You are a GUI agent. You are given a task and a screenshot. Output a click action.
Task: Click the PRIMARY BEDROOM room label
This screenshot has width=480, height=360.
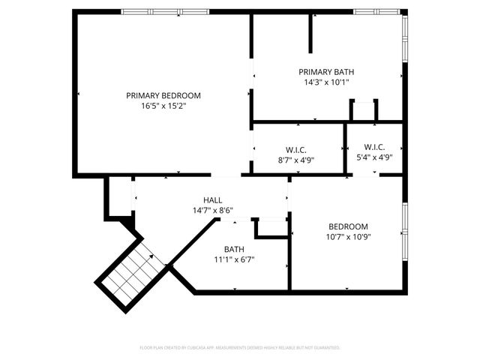pyautogui.click(x=163, y=95)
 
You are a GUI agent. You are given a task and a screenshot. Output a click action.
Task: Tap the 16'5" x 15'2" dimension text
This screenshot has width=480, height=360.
pyautogui.click(x=163, y=106)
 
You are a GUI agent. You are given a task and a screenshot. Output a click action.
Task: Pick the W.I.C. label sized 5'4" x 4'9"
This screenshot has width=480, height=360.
pyautogui.click(x=374, y=147)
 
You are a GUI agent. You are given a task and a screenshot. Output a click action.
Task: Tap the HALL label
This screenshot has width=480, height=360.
pyautogui.click(x=212, y=200)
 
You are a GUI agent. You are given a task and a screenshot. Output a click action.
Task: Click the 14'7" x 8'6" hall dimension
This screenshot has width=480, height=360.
pyautogui.click(x=212, y=211)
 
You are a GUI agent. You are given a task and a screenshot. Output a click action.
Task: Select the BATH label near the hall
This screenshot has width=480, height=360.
pyautogui.click(x=234, y=250)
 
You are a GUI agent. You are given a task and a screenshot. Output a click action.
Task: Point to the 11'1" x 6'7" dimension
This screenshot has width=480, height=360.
pyautogui.click(x=234, y=260)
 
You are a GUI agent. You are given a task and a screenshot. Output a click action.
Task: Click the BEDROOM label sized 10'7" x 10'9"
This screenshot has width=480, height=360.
pyautogui.click(x=348, y=226)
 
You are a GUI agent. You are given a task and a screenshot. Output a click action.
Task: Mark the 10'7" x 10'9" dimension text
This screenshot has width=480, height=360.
pyautogui.click(x=348, y=237)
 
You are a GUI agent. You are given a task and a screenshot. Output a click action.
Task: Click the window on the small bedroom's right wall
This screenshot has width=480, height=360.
pyautogui.click(x=405, y=226)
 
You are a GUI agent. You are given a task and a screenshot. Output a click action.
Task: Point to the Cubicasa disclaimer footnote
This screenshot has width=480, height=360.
pyautogui.click(x=240, y=348)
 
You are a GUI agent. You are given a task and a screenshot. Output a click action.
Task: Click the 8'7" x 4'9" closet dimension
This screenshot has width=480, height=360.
pyautogui.click(x=296, y=160)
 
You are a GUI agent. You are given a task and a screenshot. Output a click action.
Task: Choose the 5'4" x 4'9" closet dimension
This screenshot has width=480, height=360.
pyautogui.click(x=374, y=157)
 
